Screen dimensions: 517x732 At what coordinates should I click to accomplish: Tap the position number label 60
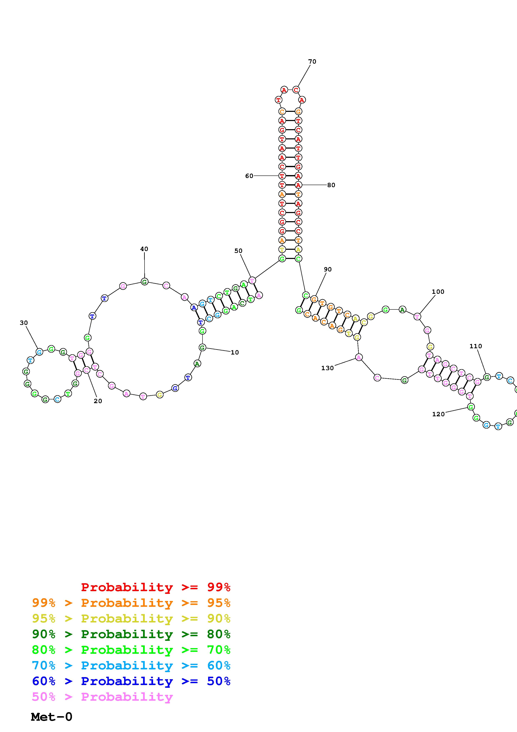(249, 176)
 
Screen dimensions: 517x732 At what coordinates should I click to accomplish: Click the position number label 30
(24, 323)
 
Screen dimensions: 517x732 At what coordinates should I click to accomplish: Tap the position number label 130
(327, 368)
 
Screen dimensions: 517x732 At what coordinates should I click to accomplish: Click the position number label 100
(438, 292)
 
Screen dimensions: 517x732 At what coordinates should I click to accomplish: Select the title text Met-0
(52, 717)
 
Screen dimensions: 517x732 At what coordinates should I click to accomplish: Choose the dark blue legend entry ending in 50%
(131, 681)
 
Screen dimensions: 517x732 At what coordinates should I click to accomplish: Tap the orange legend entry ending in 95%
(131, 603)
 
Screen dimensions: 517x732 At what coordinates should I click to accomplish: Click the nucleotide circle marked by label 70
(296, 90)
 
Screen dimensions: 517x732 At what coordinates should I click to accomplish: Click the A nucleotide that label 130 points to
(359, 358)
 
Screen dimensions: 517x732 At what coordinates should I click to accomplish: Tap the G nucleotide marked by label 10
(202, 347)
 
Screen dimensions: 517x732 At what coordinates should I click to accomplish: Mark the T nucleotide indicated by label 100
(417, 317)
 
